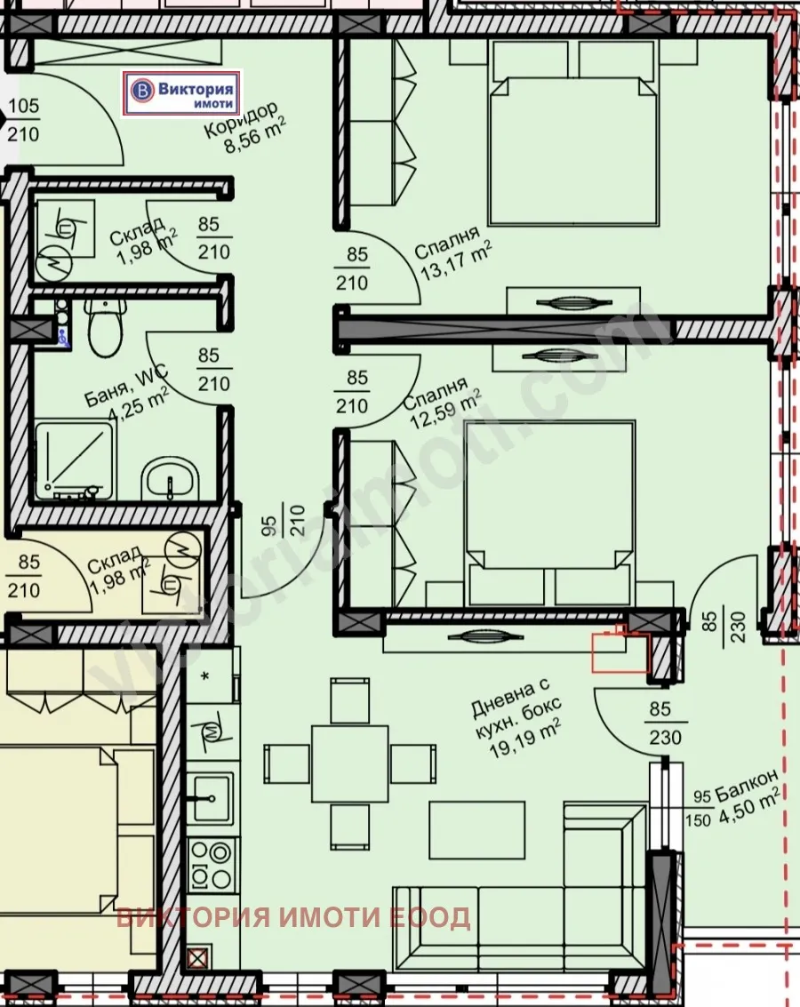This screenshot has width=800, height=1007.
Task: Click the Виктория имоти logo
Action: (x=184, y=92)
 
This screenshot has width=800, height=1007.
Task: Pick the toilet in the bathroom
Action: (x=105, y=326)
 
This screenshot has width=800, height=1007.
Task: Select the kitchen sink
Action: (x=212, y=796)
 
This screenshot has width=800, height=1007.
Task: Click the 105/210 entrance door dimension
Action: (x=23, y=121)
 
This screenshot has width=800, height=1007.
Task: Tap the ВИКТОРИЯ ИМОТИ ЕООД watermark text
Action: (x=293, y=917)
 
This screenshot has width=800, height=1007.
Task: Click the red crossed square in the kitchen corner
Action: (x=197, y=958)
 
